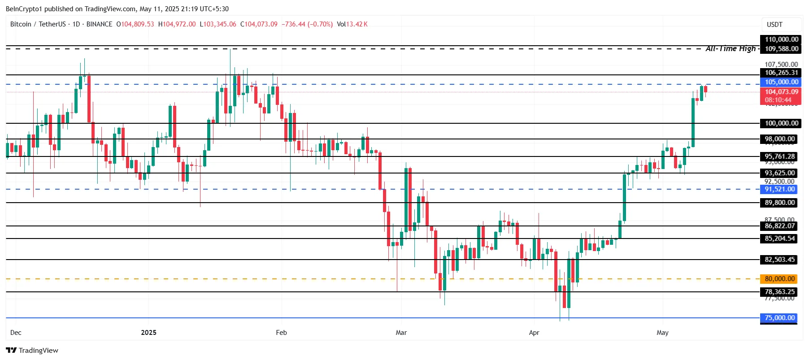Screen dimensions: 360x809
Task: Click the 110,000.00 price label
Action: click(x=781, y=39)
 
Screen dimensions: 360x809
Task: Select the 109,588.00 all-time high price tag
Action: click(x=781, y=49)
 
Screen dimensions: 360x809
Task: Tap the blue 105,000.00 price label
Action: click(x=781, y=82)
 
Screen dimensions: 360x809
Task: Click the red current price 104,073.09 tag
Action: click(x=781, y=92)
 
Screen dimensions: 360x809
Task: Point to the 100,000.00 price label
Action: click(x=781, y=123)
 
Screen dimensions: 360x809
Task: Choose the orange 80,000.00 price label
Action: click(x=779, y=279)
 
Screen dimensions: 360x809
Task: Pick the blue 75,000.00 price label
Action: click(x=779, y=318)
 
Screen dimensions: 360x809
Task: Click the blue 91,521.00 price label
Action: click(x=779, y=189)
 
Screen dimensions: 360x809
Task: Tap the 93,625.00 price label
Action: click(x=779, y=173)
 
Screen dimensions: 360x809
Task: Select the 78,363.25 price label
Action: click(x=779, y=292)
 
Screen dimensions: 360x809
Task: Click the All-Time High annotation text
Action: click(x=731, y=48)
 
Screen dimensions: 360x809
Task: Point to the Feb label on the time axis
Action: click(x=281, y=333)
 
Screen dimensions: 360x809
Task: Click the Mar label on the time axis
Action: click(x=401, y=333)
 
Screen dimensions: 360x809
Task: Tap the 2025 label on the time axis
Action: click(x=148, y=333)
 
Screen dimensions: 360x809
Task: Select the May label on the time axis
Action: click(x=662, y=333)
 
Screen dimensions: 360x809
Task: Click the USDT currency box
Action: click(x=774, y=25)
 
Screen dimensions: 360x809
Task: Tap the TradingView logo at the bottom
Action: click(x=32, y=350)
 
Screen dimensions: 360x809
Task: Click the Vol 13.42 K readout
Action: click(x=352, y=24)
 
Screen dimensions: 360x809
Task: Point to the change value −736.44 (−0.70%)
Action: click(x=307, y=24)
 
